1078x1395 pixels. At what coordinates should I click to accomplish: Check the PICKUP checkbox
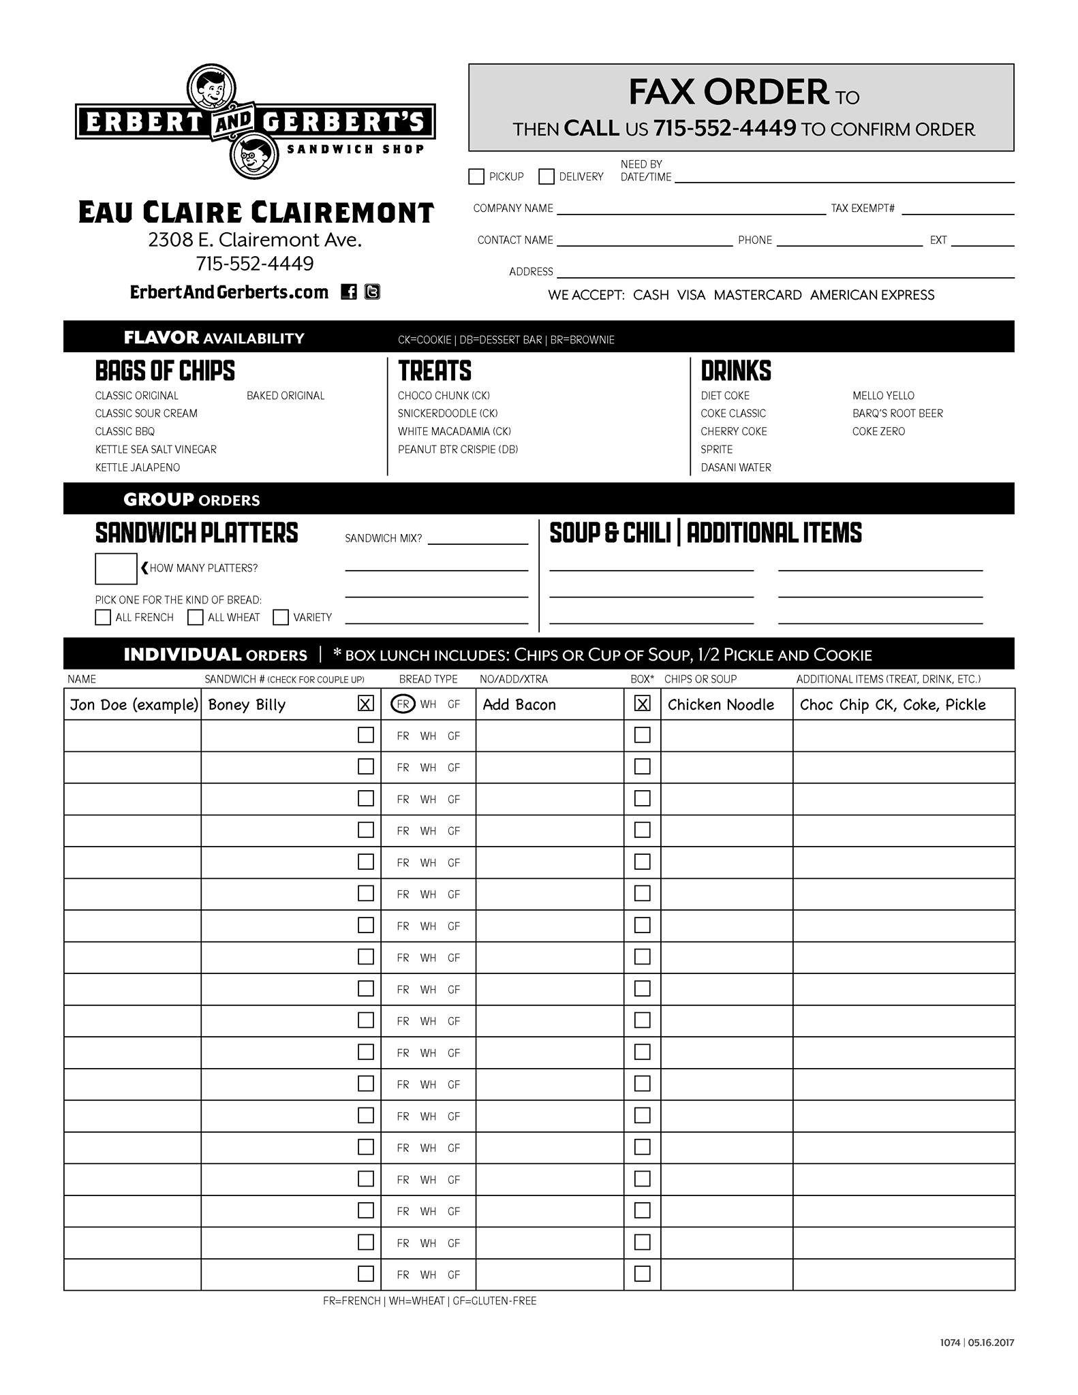(x=476, y=176)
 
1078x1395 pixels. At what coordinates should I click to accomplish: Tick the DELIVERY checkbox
(x=546, y=176)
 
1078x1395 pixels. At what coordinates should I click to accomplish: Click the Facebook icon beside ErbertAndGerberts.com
(x=349, y=292)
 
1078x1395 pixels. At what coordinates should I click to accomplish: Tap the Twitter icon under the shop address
(x=372, y=292)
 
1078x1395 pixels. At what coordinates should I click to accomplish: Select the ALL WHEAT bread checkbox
(x=196, y=617)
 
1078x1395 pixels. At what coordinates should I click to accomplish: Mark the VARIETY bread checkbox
(x=281, y=617)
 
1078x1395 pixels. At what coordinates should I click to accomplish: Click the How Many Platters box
(x=116, y=569)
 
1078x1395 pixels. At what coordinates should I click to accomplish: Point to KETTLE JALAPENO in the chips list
(x=138, y=467)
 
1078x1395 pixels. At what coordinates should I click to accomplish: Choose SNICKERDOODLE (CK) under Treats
(x=448, y=413)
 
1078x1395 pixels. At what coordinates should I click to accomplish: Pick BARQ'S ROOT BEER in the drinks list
(x=897, y=413)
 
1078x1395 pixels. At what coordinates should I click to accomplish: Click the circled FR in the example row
(x=403, y=704)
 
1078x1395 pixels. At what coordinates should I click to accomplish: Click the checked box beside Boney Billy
(x=366, y=704)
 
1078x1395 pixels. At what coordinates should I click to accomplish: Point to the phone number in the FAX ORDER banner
(x=724, y=128)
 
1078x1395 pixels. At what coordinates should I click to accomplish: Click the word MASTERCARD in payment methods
(x=758, y=295)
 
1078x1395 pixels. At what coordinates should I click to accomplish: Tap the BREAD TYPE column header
(x=428, y=679)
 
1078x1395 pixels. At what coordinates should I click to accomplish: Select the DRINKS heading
(x=736, y=371)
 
